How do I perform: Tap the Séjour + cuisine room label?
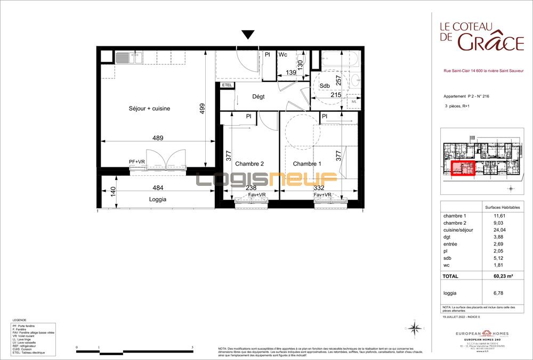149,109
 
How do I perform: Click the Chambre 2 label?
249,164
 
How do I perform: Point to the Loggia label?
157,199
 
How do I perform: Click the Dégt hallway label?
259,96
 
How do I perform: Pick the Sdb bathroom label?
325,86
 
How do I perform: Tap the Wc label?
283,55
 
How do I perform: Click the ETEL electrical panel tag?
227,85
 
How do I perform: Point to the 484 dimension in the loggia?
157,188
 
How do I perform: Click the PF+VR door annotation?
137,161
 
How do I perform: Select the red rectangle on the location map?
463,168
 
